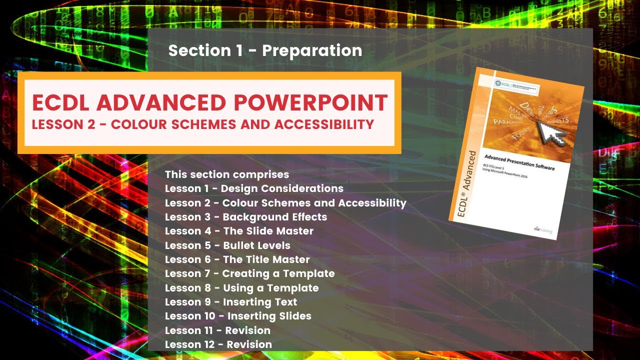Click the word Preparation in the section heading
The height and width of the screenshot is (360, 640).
(312, 51)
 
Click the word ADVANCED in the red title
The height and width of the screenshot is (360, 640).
(163, 103)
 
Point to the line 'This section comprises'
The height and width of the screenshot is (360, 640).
(227, 174)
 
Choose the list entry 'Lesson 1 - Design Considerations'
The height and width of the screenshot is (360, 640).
(254, 188)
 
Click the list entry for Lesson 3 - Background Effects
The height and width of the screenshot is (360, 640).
(246, 217)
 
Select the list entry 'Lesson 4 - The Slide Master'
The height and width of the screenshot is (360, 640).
(239, 231)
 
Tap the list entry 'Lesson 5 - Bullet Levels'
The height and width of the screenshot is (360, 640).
(227, 245)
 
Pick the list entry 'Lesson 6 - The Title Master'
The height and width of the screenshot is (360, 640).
(237, 259)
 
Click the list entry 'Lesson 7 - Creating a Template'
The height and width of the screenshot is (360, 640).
(249, 273)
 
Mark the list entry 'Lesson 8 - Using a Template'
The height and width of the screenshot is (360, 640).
(241, 288)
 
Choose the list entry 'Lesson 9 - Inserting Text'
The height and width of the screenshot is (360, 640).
(231, 302)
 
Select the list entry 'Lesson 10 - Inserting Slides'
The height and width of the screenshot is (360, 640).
(238, 316)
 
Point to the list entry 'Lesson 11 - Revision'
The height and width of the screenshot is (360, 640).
(217, 330)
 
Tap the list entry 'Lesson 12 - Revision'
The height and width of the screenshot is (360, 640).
(218, 344)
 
